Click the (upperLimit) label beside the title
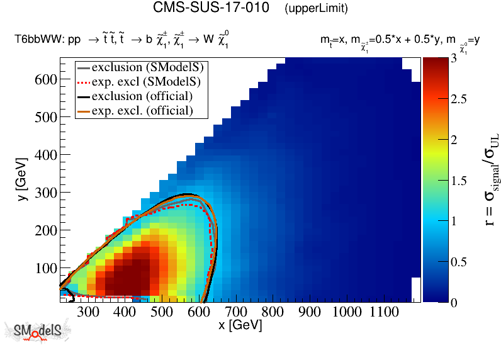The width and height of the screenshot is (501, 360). click(x=316, y=9)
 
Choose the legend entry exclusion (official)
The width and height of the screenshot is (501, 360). click(x=142, y=96)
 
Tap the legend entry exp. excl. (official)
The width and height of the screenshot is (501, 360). click(x=142, y=111)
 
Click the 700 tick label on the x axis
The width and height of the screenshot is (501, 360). click(x=236, y=312)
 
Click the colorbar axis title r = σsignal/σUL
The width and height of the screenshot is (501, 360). click(x=487, y=179)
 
